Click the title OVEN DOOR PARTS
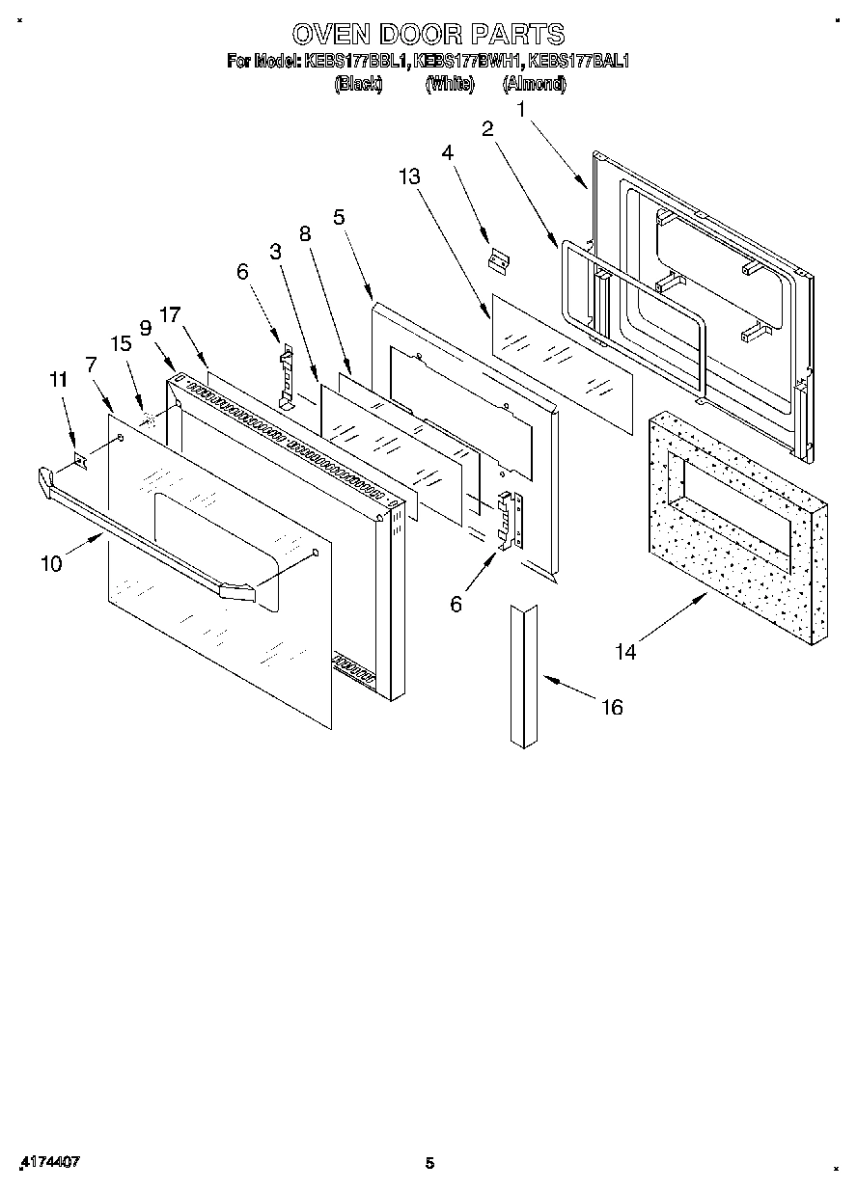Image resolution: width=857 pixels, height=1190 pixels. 428,34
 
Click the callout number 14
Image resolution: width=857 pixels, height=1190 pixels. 625,652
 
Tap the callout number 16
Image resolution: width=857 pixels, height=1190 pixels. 612,708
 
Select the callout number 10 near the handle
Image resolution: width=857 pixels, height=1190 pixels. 51,564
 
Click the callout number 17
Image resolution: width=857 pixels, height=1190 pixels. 171,313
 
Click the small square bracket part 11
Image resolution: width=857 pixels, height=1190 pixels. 81,463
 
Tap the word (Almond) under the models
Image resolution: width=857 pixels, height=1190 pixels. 534,84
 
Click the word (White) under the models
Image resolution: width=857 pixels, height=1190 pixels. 450,84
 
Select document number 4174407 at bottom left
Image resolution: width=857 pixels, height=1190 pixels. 49,1162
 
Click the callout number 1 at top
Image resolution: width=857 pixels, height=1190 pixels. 522,110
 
